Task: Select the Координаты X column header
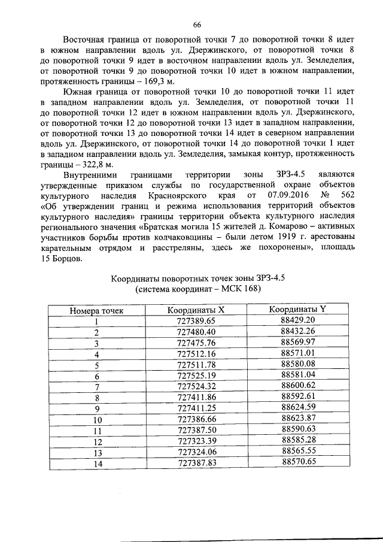[196, 310]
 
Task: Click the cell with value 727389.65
[196, 321]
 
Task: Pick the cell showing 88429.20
[298, 320]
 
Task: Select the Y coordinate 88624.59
[298, 407]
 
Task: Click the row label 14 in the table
[97, 464]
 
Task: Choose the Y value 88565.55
[298, 451]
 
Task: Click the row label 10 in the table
[97, 420]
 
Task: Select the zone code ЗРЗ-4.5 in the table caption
[257, 278]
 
